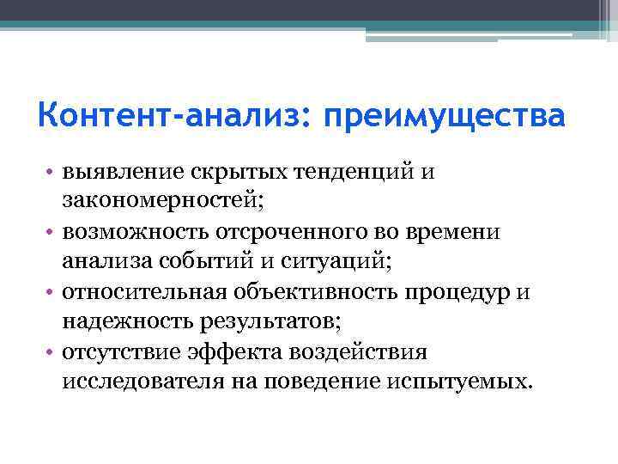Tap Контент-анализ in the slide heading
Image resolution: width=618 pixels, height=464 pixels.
click(x=169, y=115)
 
